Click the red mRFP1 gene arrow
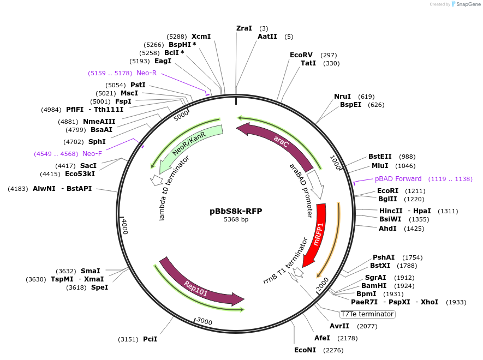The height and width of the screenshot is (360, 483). point(315,235)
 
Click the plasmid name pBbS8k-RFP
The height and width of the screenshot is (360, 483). point(236,211)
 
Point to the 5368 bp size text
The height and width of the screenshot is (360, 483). point(236,220)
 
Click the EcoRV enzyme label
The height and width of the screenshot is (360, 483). point(301,55)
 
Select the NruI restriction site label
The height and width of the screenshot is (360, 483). point(342,97)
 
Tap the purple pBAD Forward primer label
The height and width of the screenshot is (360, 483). point(398,179)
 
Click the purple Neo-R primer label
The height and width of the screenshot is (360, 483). point(146,73)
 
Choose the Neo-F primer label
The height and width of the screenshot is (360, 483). point(92,154)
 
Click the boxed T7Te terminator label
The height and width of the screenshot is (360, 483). point(367,314)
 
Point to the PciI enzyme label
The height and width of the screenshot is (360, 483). point(150,339)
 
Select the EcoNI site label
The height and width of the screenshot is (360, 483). point(305,350)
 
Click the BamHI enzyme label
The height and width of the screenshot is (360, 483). point(374,286)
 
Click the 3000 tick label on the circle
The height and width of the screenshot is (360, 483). point(204,321)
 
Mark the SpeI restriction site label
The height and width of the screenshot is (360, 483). point(99,287)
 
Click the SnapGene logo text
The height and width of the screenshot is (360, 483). point(466,4)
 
